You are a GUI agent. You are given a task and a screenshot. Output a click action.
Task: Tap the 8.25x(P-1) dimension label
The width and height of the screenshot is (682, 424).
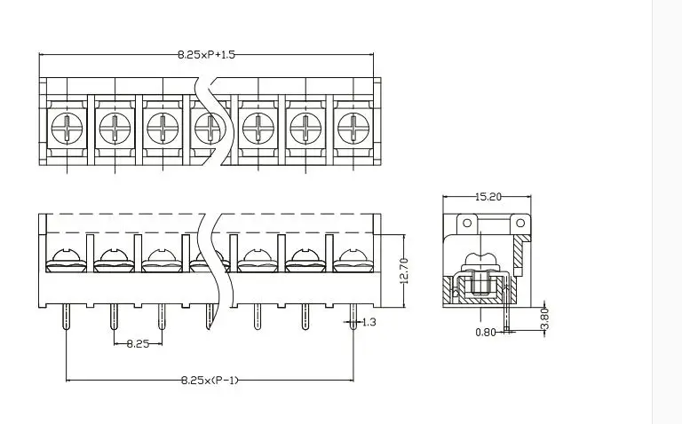pos(210,380)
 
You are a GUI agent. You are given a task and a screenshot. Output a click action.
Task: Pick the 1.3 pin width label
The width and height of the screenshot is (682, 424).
pos(369,322)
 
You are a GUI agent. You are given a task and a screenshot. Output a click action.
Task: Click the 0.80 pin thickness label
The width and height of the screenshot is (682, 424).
pos(486,332)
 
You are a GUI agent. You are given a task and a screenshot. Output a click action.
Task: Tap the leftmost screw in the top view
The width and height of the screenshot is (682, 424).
pos(67,128)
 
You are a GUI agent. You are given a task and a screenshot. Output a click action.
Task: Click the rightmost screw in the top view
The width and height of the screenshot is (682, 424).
pos(353,128)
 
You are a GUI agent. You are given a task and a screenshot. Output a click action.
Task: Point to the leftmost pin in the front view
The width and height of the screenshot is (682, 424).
pos(66,315)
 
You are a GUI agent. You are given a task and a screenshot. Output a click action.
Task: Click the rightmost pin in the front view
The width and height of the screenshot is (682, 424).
pos(353,315)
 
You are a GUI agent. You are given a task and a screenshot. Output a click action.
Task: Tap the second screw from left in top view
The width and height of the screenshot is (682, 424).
pos(115,128)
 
